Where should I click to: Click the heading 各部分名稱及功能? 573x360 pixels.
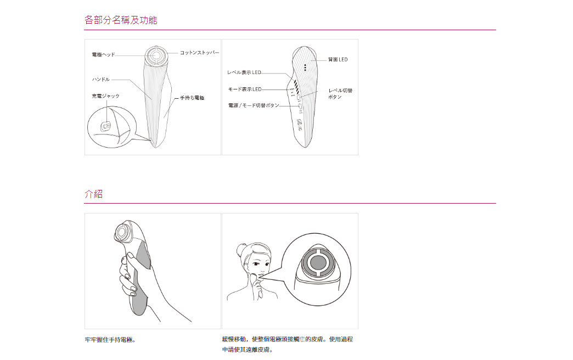121,20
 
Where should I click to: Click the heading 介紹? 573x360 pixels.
93,194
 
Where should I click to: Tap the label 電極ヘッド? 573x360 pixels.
103,55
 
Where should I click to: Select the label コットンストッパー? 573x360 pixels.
199,53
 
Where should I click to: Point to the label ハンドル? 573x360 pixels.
100,80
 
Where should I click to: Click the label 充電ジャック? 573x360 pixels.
105,96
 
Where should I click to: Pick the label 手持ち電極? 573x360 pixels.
192,98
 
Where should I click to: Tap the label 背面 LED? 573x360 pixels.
338,59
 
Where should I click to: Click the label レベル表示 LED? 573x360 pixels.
244,72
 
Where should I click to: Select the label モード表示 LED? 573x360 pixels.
245,89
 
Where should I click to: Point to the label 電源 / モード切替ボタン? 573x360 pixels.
254,105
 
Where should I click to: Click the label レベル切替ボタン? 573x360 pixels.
340,93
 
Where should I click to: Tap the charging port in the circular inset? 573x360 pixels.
106,126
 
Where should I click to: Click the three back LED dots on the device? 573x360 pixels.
305,67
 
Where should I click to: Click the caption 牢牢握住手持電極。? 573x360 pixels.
110,340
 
